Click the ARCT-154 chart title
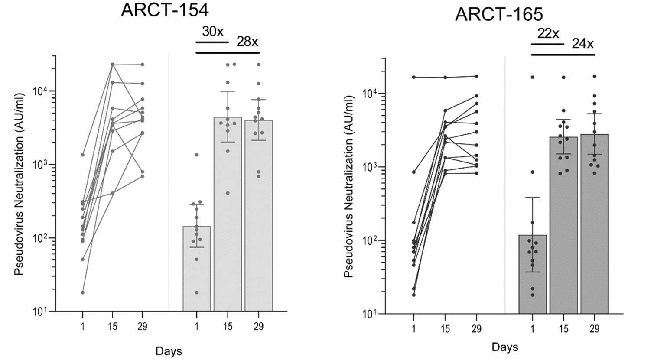click(x=164, y=10)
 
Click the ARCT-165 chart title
click(x=499, y=15)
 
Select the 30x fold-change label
click(x=212, y=32)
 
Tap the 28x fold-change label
click(x=247, y=42)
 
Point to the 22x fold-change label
click(x=548, y=33)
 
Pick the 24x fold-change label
click(x=582, y=44)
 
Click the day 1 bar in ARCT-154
click(x=197, y=269)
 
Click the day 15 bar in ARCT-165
click(x=563, y=225)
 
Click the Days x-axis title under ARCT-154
click(x=169, y=350)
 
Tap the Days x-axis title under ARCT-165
click(x=504, y=347)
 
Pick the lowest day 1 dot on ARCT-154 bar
click(x=197, y=292)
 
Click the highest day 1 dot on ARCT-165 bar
click(x=532, y=77)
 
